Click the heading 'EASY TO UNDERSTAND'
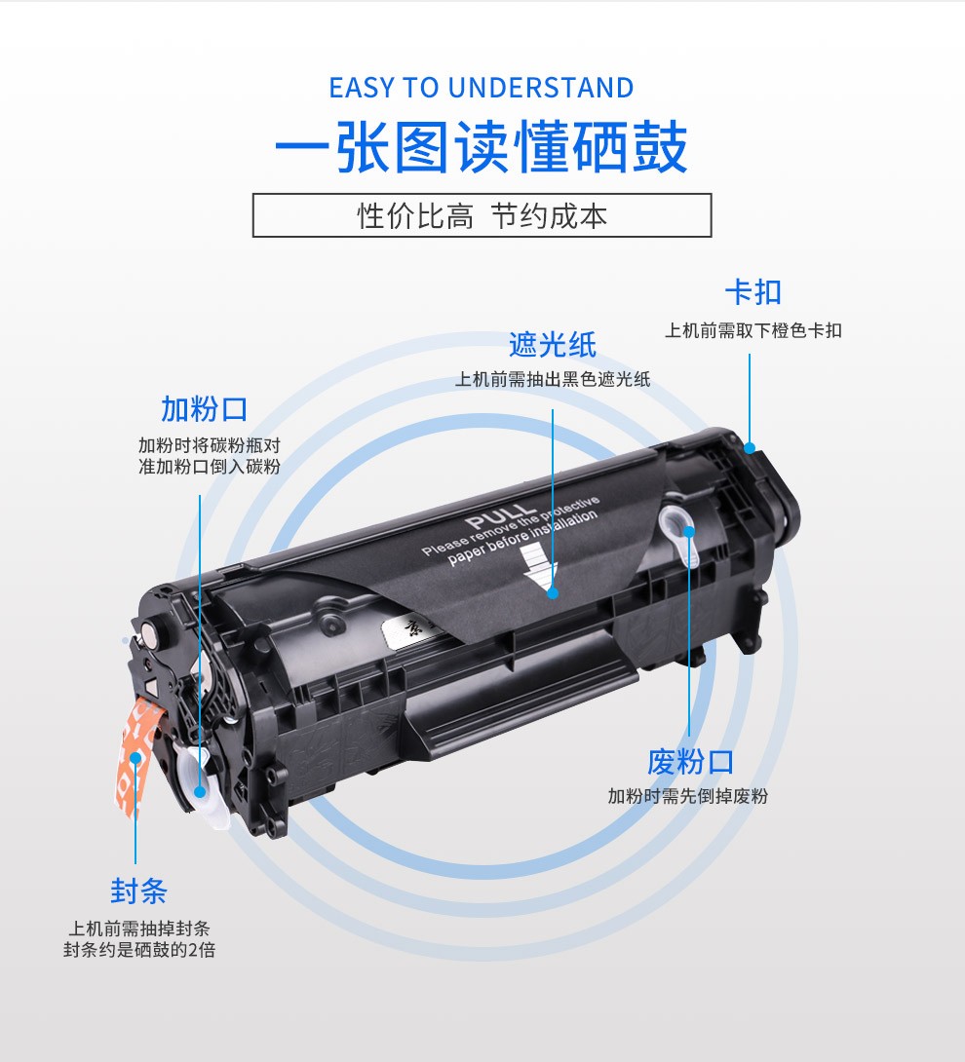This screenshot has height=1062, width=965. (482, 88)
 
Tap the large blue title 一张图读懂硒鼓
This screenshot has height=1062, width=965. (482, 147)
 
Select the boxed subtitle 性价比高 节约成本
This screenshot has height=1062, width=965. (482, 215)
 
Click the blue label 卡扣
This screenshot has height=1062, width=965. (753, 292)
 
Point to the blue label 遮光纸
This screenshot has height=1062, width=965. (553, 345)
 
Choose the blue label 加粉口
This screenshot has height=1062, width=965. (204, 409)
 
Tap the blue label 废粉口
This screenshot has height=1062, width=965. (690, 762)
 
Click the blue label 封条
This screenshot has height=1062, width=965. (138, 891)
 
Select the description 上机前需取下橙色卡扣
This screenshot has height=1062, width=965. (753, 330)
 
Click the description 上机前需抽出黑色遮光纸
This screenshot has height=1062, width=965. (553, 379)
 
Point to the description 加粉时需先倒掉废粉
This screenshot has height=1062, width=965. (688, 797)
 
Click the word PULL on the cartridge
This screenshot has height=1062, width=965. (501, 516)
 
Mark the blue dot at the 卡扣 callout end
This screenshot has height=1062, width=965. (750, 447)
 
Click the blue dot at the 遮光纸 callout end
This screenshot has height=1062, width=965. (553, 593)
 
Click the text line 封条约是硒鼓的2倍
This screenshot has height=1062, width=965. (139, 950)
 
